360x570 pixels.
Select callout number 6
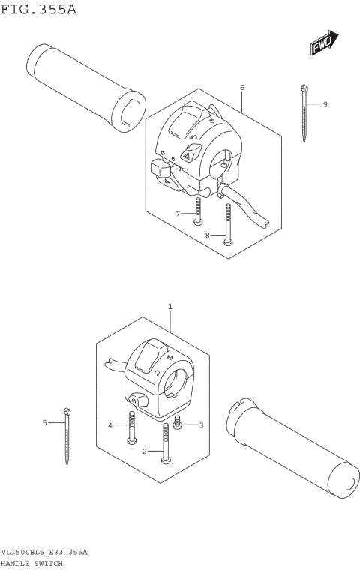(x=242, y=88)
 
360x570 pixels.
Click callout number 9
(x=325, y=103)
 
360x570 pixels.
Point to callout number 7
(x=178, y=214)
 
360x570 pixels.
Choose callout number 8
(x=208, y=236)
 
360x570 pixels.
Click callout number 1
(x=170, y=307)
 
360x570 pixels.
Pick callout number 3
(x=199, y=425)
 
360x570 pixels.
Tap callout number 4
(x=110, y=425)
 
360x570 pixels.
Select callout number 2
(x=144, y=451)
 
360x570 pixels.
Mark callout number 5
(x=44, y=423)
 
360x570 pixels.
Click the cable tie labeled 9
(x=304, y=112)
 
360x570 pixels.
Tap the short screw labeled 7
(x=197, y=211)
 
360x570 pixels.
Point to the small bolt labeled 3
(x=178, y=424)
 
